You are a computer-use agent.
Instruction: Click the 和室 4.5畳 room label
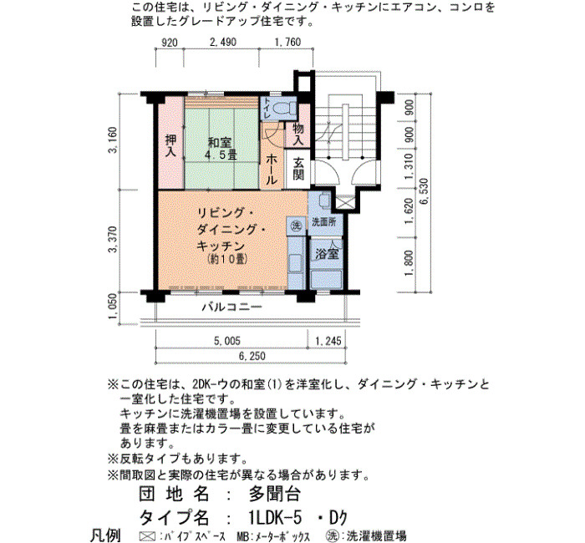click(x=221, y=149)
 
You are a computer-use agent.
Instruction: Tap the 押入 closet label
click(x=170, y=146)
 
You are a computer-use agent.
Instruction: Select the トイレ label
click(x=267, y=109)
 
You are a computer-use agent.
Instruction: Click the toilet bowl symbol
click(x=284, y=108)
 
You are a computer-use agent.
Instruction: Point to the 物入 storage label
click(x=298, y=134)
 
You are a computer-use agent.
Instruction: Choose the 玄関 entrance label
click(x=298, y=169)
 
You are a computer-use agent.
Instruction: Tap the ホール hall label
click(x=272, y=170)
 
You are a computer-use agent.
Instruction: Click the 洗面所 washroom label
click(x=323, y=222)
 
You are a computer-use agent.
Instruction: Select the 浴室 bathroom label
click(x=327, y=254)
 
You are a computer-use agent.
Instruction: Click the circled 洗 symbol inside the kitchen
click(x=296, y=226)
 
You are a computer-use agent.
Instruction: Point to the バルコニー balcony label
click(x=232, y=307)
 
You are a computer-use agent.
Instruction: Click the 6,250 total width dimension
click(x=252, y=356)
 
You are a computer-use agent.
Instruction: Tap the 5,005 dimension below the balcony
click(x=226, y=341)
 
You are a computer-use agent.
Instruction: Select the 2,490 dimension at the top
click(x=223, y=42)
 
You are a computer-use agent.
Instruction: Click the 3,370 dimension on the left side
click(x=113, y=239)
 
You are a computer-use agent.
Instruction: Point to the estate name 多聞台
click(x=274, y=495)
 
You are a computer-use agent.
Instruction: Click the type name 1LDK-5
click(x=275, y=517)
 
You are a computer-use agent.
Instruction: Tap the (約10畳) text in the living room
click(x=227, y=259)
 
